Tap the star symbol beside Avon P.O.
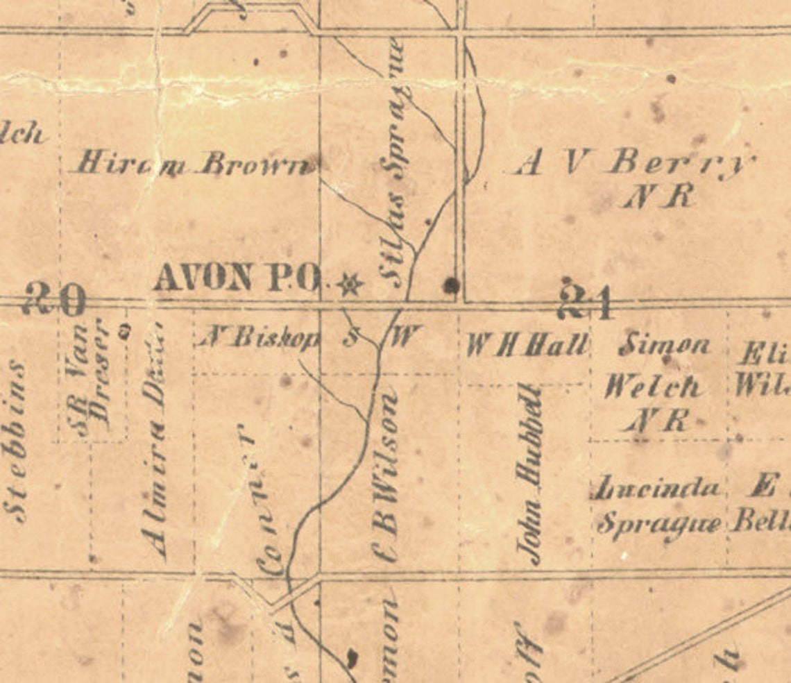tap(349, 283)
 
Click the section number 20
tap(54, 300)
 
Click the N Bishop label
tap(260, 338)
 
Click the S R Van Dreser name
tap(92, 378)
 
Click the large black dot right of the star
tap(452, 284)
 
